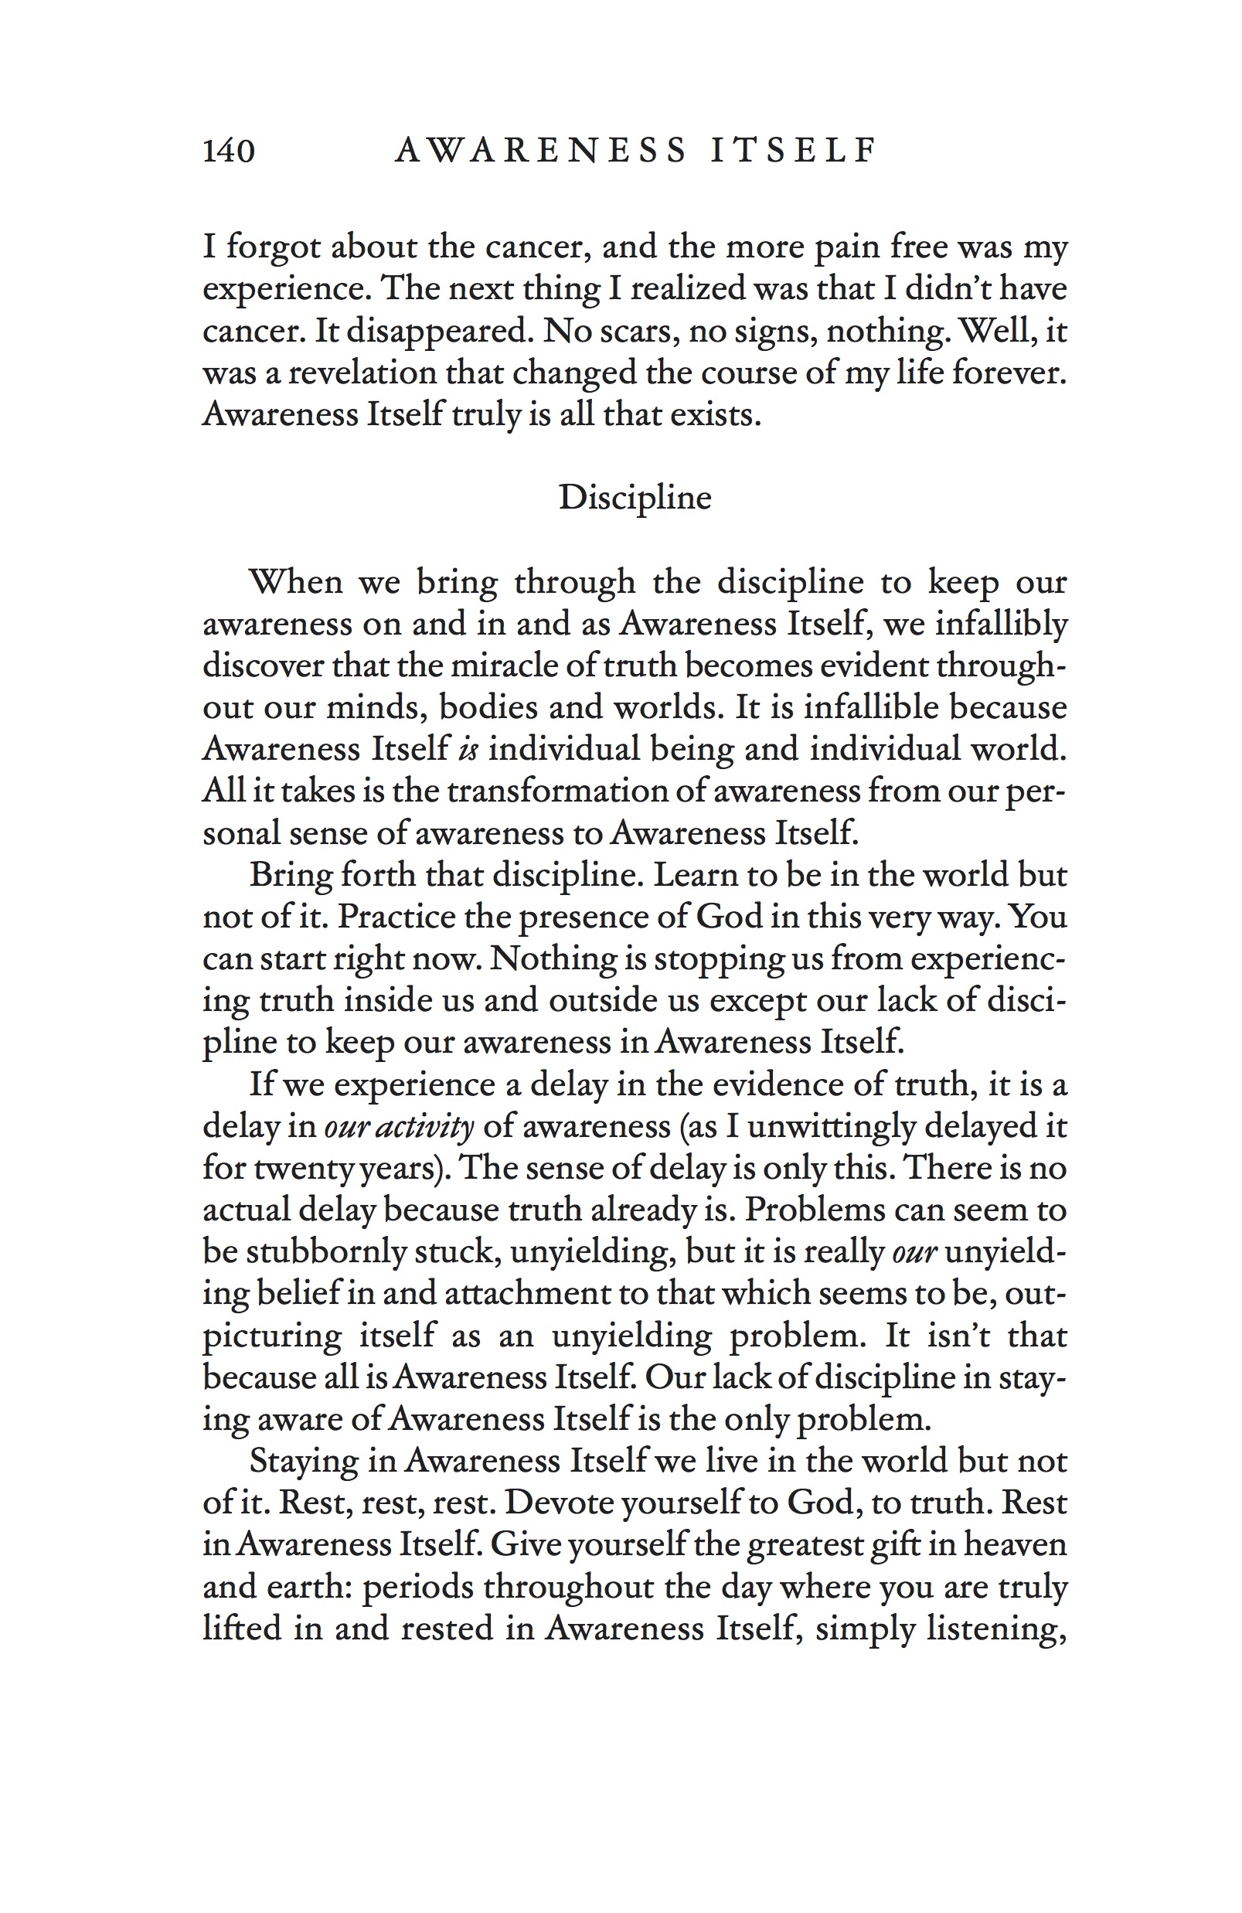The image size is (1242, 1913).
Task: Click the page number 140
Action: pyautogui.click(x=228, y=150)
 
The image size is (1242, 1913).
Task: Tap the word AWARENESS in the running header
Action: pyautogui.click(x=541, y=150)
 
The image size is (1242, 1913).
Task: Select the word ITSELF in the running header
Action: pyautogui.click(x=793, y=150)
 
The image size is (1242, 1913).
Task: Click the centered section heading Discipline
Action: pyautogui.click(x=635, y=498)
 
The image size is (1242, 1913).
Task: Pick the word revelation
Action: pyautogui.click(x=363, y=372)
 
